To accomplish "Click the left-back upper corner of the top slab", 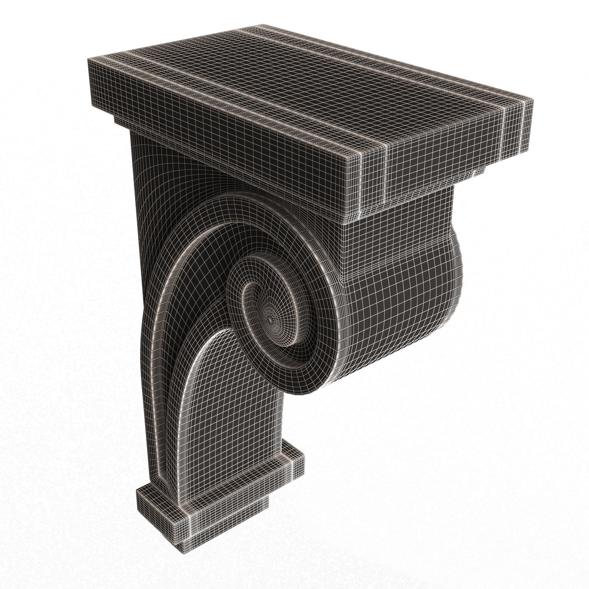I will tap(87, 58).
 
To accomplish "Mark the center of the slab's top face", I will tap(305, 92).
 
